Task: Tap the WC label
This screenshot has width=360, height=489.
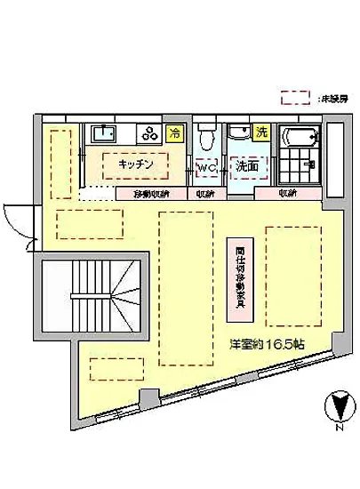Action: tap(206, 166)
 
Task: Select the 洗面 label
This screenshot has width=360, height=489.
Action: tap(246, 166)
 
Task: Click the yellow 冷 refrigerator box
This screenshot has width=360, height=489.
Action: tap(175, 132)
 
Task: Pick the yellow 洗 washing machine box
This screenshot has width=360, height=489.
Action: tap(261, 132)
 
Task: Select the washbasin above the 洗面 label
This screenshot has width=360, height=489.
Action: tap(238, 135)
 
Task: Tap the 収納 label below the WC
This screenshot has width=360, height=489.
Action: tap(205, 193)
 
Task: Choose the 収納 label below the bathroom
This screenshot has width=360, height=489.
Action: tap(287, 193)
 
